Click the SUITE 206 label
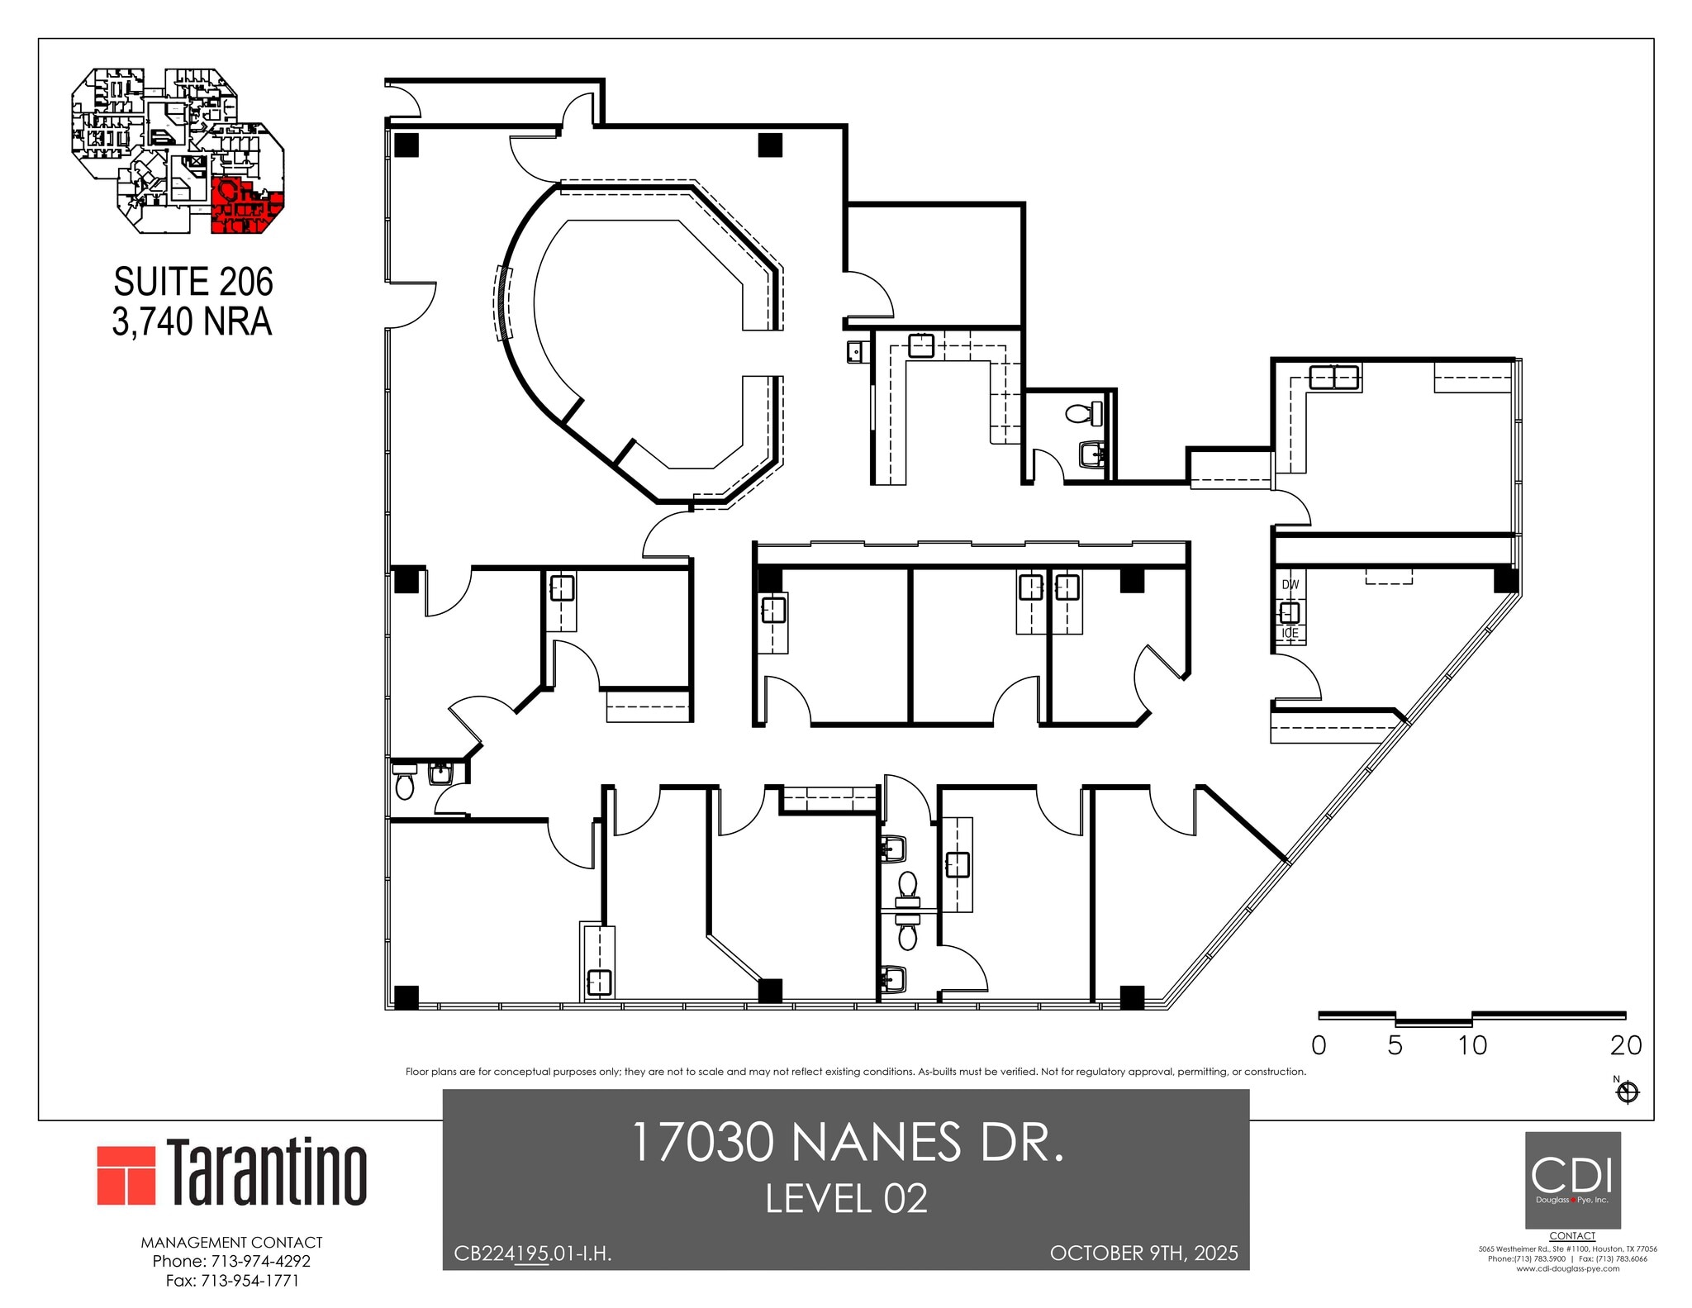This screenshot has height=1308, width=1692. pos(193,283)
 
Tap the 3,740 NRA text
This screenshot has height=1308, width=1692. pos(192,322)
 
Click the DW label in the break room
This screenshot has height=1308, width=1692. pos(1290,584)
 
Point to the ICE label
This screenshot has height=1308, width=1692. pos(1290,634)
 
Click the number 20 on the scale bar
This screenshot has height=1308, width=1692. pos(1625,1045)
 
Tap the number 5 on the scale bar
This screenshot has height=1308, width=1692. pos(1395,1045)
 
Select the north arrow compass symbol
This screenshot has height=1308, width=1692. pos(1627,1093)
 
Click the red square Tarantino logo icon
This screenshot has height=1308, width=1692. pos(126,1175)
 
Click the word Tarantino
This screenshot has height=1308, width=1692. pos(267,1173)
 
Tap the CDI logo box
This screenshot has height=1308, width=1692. pos(1572,1180)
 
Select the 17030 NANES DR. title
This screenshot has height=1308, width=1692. pos(846,1143)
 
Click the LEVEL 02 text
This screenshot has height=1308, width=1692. pos(846,1199)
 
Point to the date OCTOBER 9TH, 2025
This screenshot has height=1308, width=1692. pos(1143,1253)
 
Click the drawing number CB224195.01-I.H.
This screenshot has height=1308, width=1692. pos(533,1253)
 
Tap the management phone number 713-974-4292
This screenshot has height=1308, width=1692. pos(231,1261)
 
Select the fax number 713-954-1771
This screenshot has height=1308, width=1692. pos(232,1281)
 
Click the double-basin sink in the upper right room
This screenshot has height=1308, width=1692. pos(1333,378)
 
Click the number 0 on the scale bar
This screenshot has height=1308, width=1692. pos(1319,1045)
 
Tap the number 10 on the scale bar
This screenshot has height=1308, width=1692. pos(1472,1045)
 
